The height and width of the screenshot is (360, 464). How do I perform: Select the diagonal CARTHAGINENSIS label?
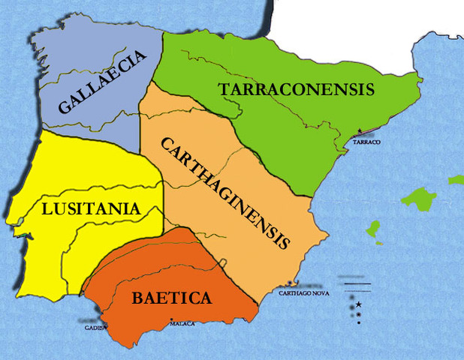[225, 192]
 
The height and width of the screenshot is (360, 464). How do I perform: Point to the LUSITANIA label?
[91, 208]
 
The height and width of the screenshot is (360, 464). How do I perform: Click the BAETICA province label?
[172, 298]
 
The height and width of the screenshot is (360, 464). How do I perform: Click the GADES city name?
[94, 328]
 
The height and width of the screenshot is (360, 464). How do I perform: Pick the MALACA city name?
[182, 323]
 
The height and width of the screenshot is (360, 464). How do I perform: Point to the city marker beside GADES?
[106, 325]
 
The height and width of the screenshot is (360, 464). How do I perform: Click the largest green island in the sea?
[418, 199]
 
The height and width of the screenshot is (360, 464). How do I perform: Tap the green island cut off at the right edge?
[456, 180]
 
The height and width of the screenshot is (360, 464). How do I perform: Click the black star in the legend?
[359, 304]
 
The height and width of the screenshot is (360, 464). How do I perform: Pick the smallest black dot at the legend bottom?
[359, 323]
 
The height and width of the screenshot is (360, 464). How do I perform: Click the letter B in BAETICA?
[137, 298]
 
